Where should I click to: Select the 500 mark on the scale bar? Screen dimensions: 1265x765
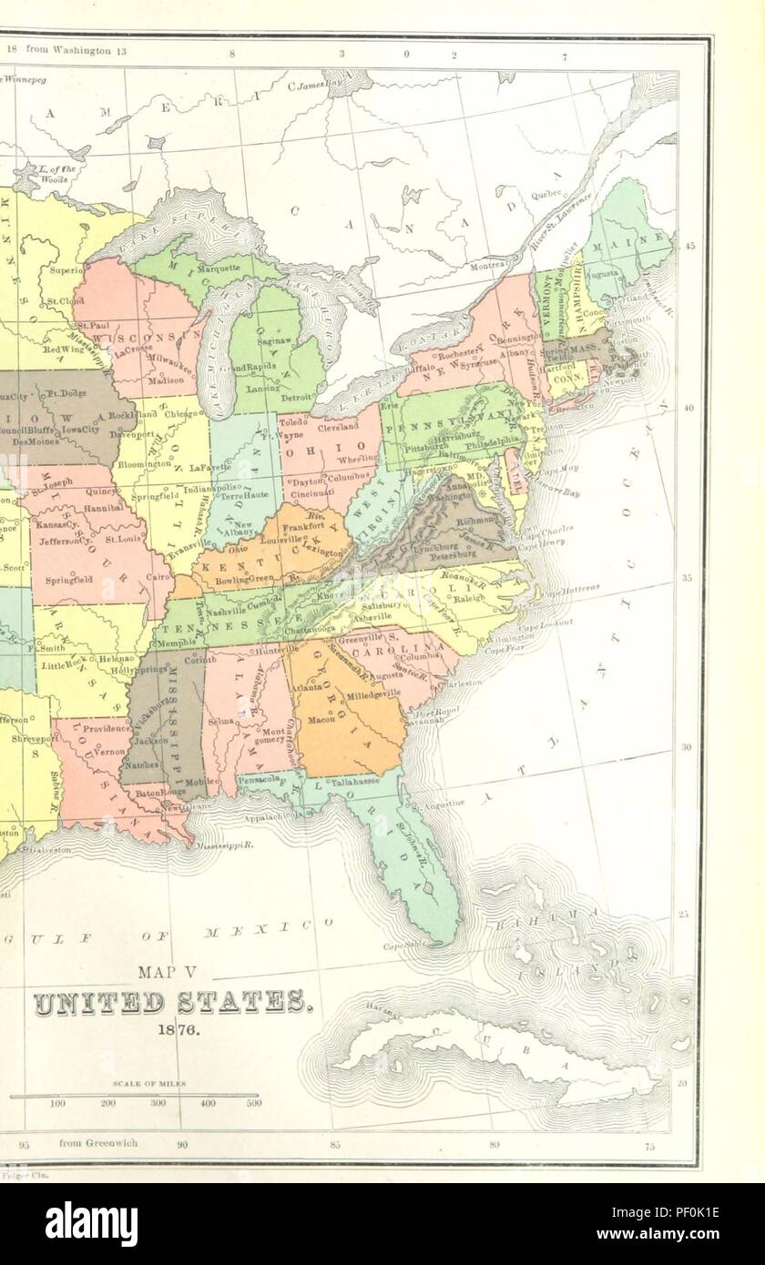(x=253, y=1104)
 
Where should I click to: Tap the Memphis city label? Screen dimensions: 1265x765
(x=172, y=643)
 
